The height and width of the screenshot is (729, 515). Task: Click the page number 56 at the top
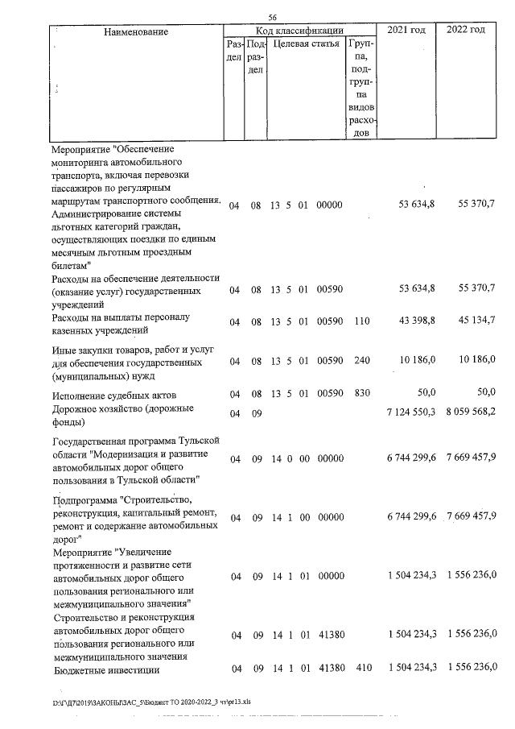click(272, 18)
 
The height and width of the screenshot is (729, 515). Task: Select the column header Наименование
click(135, 31)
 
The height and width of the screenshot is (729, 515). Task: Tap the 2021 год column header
click(406, 30)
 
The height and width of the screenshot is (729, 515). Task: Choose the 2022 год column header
click(465, 30)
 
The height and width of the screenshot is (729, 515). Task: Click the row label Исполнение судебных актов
click(113, 395)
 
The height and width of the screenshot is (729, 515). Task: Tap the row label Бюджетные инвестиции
click(105, 669)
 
